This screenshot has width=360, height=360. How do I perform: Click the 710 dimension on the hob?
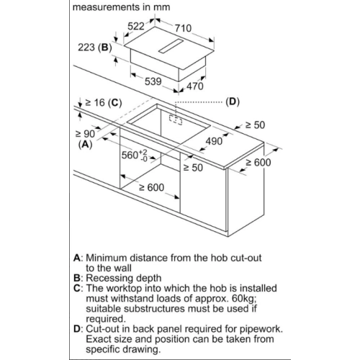click(183, 28)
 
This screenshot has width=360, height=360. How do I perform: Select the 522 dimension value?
click(136, 26)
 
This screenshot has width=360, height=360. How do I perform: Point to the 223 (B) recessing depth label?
click(95, 48)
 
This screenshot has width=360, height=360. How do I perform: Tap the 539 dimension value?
click(153, 81)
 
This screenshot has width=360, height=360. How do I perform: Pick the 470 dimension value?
click(195, 86)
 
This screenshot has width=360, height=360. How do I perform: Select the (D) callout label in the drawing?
click(233, 102)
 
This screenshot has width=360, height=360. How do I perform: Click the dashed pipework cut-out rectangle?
click(176, 120)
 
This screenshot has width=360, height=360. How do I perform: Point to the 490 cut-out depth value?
click(214, 141)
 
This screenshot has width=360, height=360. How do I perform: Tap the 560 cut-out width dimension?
click(134, 156)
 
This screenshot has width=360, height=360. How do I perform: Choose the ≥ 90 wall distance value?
click(85, 134)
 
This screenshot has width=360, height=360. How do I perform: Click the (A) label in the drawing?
click(86, 144)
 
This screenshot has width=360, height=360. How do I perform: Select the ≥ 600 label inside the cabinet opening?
click(152, 187)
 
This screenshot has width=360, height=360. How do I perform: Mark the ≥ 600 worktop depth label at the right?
click(258, 163)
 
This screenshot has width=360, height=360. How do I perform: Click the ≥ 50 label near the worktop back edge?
click(255, 125)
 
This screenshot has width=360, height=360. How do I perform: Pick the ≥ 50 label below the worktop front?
click(193, 168)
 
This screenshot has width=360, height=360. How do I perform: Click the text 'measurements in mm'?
click(121, 7)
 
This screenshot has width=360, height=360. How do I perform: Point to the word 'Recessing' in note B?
click(108, 278)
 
